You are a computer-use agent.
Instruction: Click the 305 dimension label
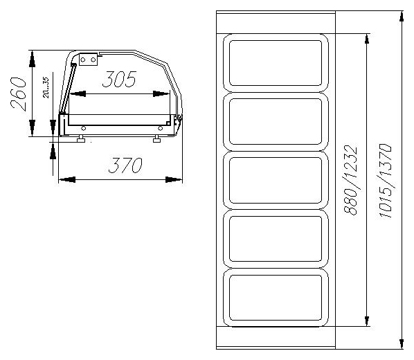click(x=119, y=79)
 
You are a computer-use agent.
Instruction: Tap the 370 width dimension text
click(x=125, y=165)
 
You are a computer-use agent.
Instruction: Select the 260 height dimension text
click(x=19, y=93)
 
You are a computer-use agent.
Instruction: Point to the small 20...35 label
click(x=46, y=87)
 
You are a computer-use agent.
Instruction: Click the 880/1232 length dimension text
click(x=350, y=180)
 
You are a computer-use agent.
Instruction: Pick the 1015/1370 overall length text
click(x=385, y=181)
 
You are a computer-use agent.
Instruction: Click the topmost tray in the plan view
click(x=276, y=63)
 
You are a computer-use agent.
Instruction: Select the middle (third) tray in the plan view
click(x=276, y=181)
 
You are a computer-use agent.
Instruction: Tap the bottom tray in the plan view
click(x=276, y=298)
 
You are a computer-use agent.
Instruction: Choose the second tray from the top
click(x=276, y=121)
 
